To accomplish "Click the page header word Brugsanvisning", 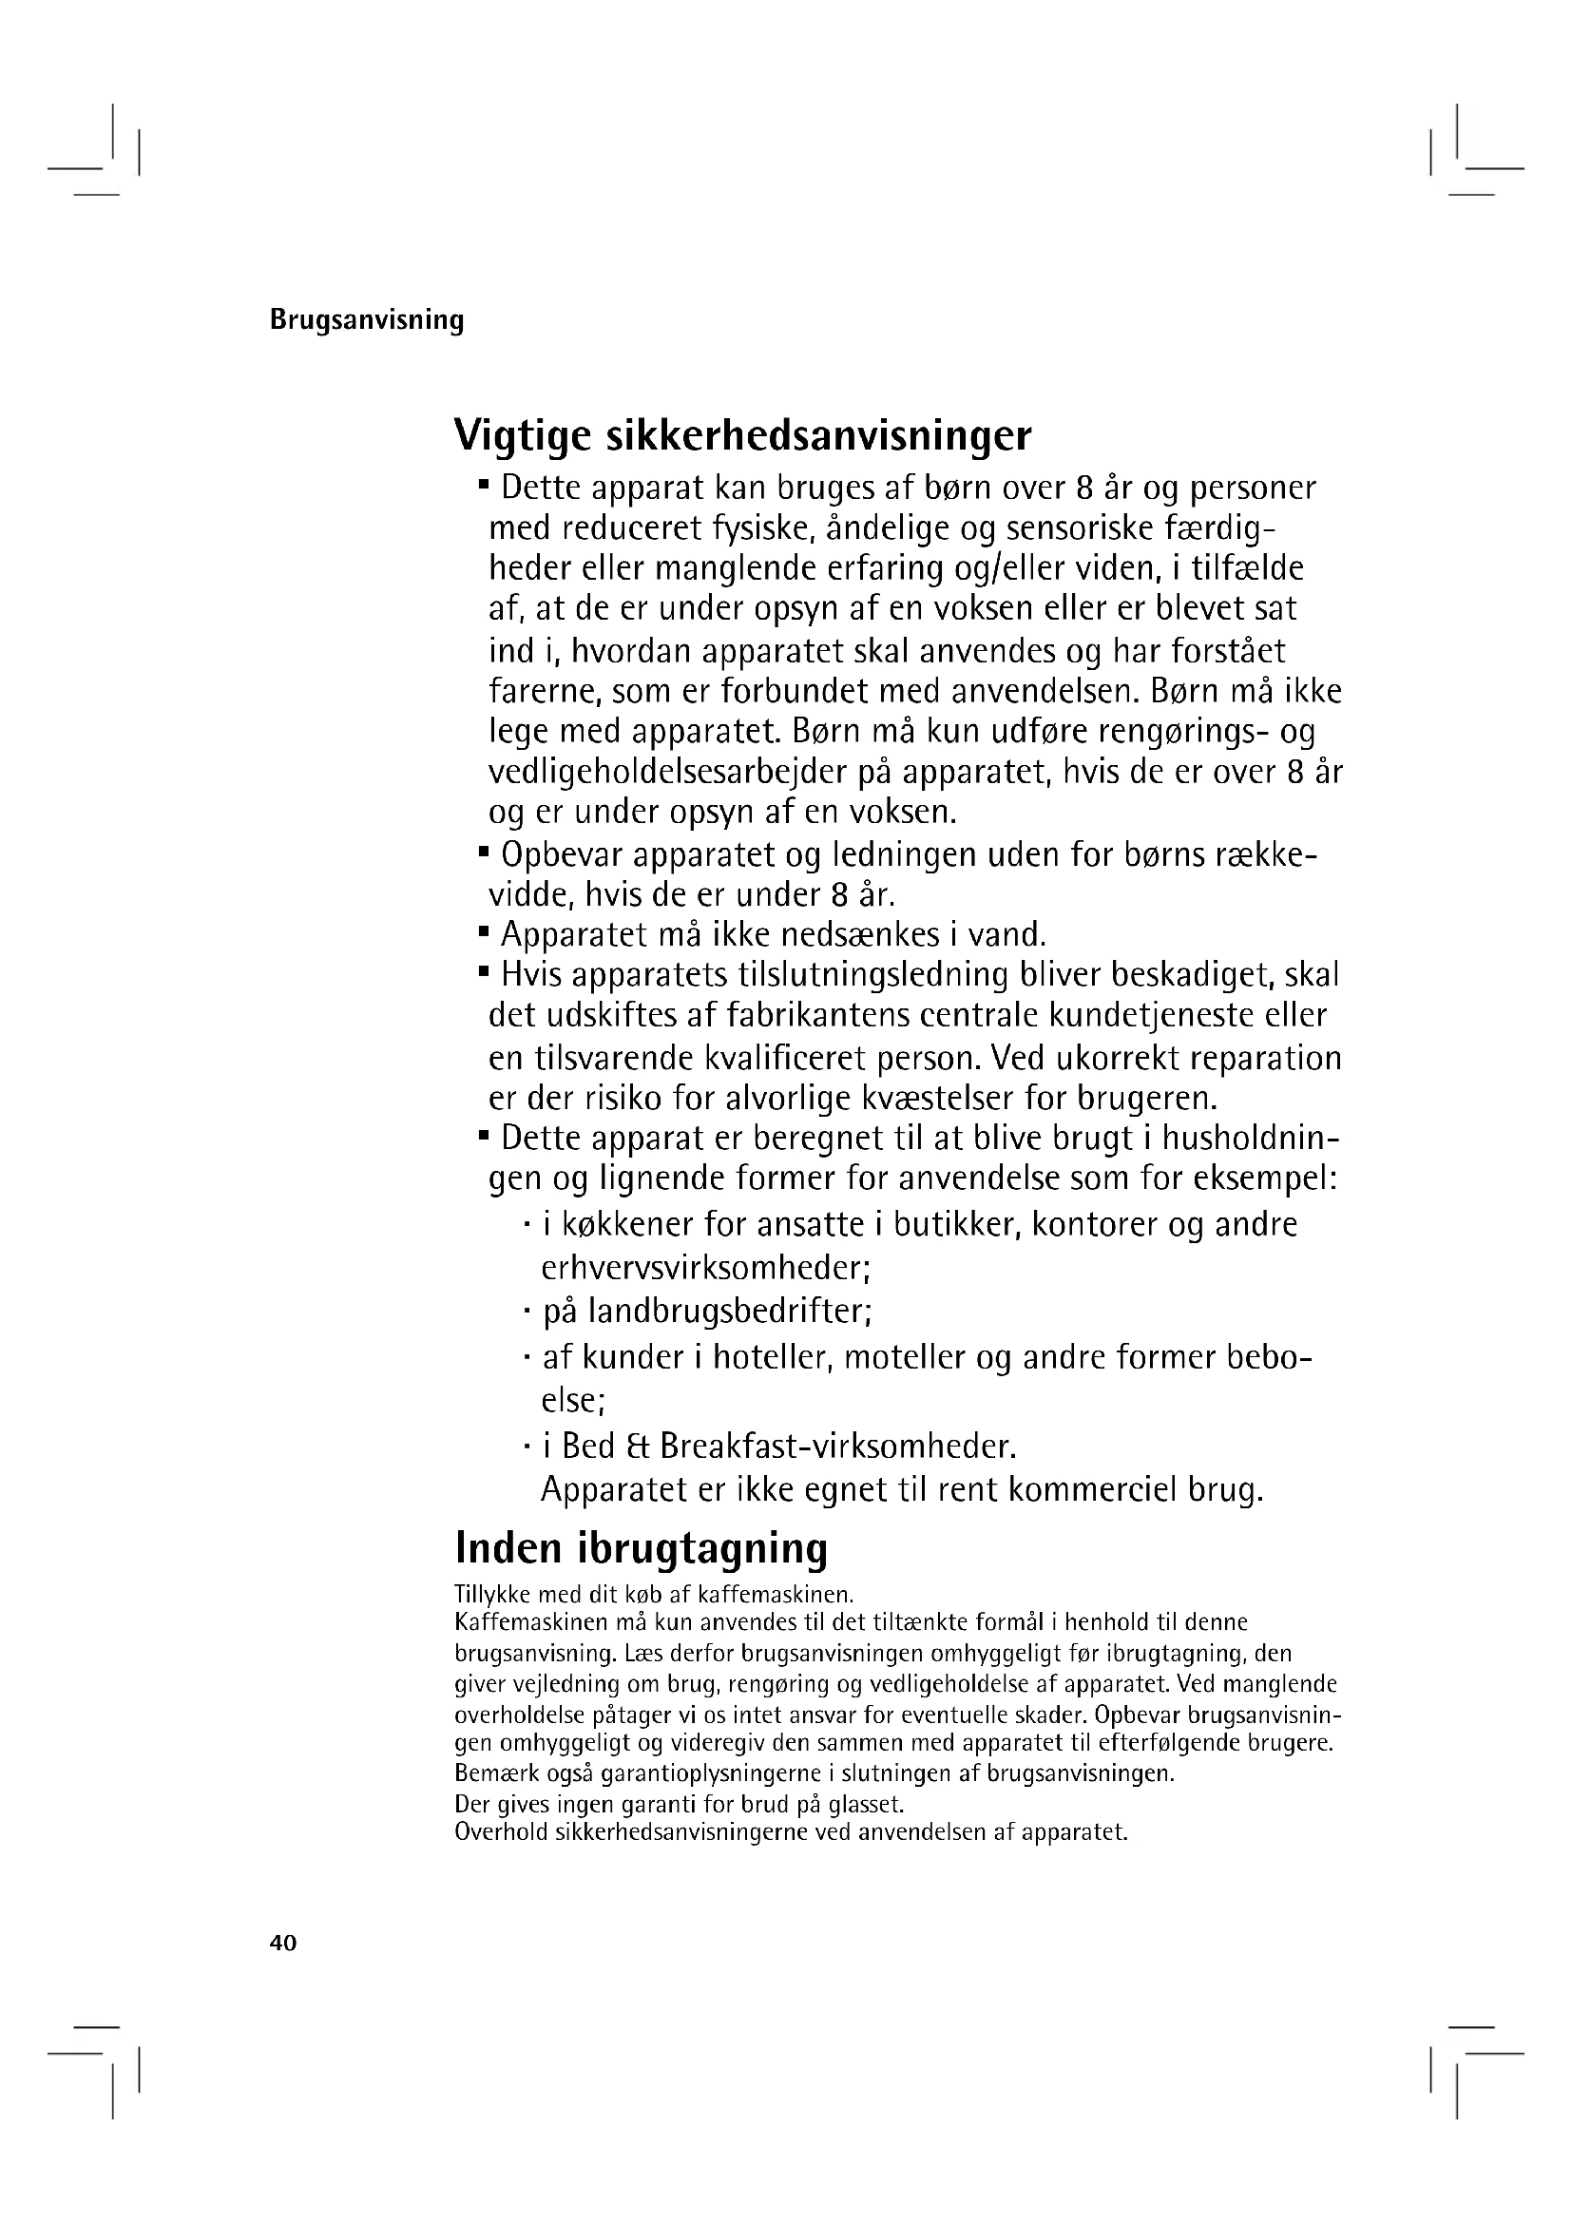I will [x=367, y=319].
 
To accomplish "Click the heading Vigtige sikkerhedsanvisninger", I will [x=742, y=435].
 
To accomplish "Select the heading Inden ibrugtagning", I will [x=641, y=1547].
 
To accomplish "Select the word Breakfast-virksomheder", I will [x=838, y=1447].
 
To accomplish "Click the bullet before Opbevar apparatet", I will [x=483, y=851].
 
